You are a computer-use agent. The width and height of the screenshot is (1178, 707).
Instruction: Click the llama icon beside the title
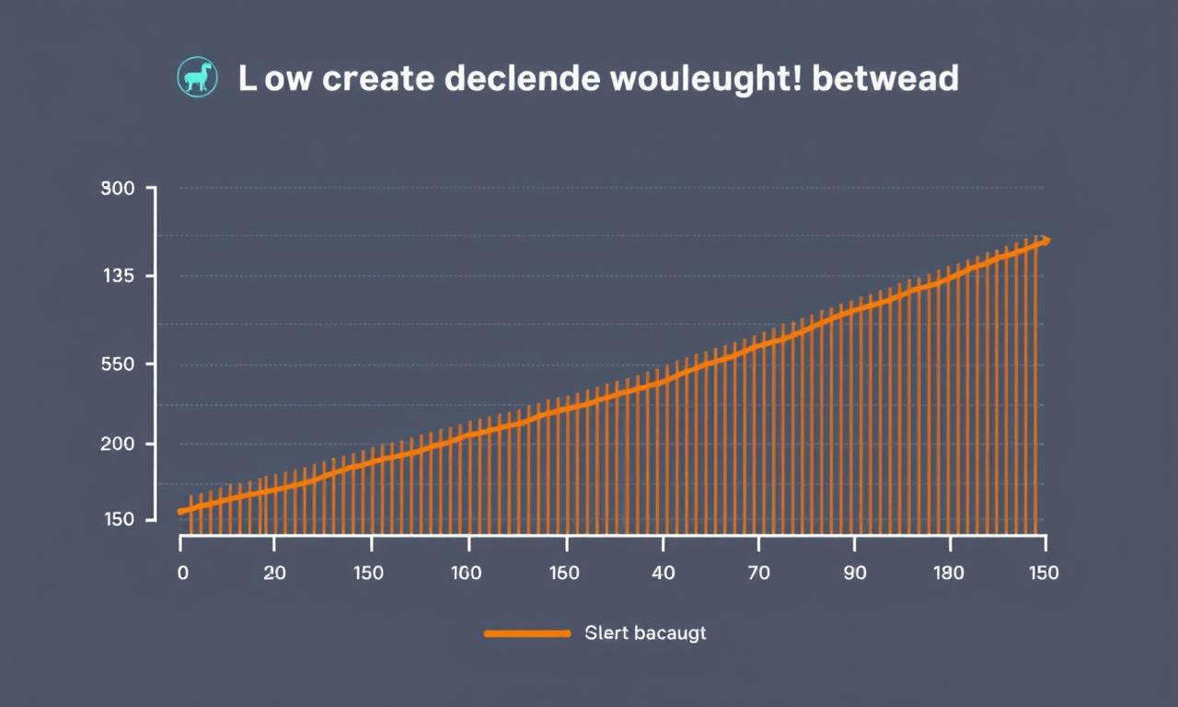pos(196,79)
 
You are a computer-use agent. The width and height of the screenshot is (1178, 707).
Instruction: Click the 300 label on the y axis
pos(117,189)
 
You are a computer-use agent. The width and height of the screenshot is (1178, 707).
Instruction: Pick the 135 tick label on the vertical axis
pos(117,276)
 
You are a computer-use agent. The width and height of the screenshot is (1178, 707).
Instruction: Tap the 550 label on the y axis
pos(117,365)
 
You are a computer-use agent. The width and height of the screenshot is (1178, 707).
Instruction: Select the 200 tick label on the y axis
pos(117,444)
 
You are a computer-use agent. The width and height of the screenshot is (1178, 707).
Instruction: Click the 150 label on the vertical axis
pos(117,519)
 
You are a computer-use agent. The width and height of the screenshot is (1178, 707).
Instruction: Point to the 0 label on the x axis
pos(182,573)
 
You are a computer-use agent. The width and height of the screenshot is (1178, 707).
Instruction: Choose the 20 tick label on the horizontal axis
pos(274,573)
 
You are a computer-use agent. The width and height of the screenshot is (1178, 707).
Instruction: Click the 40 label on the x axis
pos(663,573)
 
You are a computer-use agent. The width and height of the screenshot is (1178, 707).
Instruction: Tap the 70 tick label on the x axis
pos(760,573)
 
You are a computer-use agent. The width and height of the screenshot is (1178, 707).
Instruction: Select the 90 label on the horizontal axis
pos(855,573)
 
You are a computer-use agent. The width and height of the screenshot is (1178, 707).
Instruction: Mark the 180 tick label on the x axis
pos(948,573)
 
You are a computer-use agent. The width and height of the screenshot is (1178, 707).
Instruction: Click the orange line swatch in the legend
pos(527,633)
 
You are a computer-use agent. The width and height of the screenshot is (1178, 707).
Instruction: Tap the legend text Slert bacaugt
pos(645,633)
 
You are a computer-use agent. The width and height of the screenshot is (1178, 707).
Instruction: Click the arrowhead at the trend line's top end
pos(1044,241)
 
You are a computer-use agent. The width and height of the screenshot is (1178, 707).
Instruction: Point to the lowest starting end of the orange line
pos(181,511)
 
